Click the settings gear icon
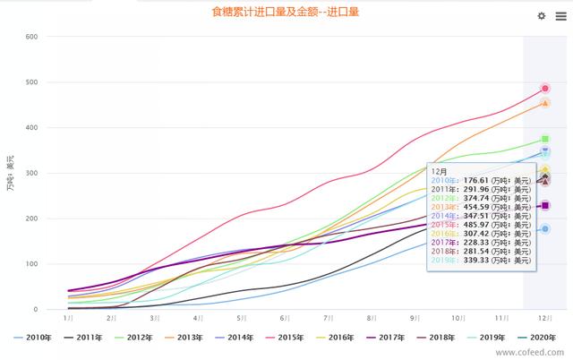[x=541, y=16]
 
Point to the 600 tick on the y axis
[x=31, y=37]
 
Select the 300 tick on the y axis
[x=31, y=173]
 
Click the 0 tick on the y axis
[x=35, y=310]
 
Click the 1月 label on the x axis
[x=68, y=318]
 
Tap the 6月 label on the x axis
[x=285, y=318]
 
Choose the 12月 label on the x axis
[x=544, y=318]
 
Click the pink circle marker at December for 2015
[x=544, y=89]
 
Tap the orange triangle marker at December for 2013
[x=544, y=103]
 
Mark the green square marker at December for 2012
[x=544, y=139]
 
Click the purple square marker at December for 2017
[x=544, y=206]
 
